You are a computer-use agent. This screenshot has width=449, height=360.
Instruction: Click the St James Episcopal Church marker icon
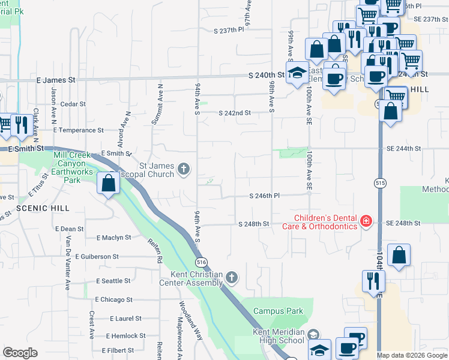[184, 170]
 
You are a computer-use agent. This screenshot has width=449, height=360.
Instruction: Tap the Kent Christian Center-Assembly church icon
[232, 277]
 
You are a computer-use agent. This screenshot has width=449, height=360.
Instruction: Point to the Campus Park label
[278, 311]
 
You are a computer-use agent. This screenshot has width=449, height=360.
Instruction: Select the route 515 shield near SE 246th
[380, 182]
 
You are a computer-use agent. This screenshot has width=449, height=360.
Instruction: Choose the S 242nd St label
[234, 113]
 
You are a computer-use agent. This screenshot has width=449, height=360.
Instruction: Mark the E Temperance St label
[78, 130]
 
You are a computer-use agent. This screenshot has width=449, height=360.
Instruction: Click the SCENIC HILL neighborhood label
[35, 208]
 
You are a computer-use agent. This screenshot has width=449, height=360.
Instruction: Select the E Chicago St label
[113, 299]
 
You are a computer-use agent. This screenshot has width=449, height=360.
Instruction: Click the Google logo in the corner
[20, 352]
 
